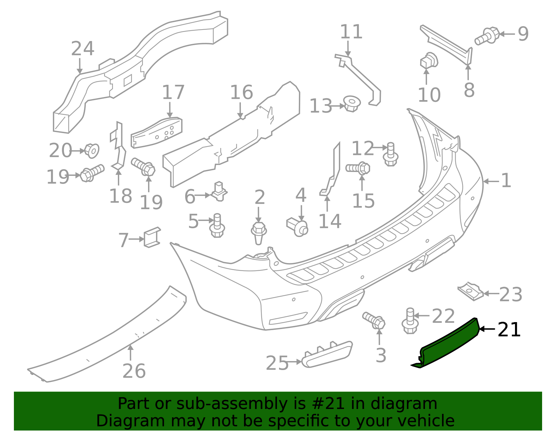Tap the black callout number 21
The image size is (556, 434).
(509, 330)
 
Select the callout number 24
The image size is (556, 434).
(82, 49)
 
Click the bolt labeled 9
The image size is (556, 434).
(488, 36)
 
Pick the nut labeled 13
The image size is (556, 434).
(352, 104)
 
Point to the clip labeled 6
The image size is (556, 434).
(219, 191)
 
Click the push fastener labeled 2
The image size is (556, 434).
(259, 232)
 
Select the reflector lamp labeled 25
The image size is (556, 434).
(327, 354)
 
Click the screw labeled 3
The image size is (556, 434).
(374, 320)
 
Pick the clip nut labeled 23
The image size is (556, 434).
(470, 291)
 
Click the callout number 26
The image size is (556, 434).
(134, 371)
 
